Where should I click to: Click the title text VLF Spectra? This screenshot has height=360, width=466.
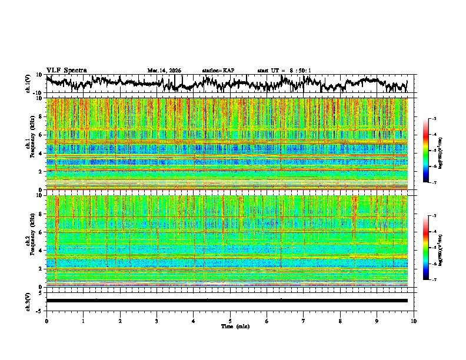[x=66, y=70]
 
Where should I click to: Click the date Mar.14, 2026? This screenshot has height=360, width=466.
[x=164, y=71]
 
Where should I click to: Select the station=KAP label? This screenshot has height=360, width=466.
[x=218, y=71]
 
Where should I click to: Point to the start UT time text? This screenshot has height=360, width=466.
[x=284, y=71]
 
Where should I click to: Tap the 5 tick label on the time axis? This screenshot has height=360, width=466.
[x=230, y=321]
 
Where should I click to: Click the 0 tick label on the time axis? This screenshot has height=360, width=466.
[x=46, y=321]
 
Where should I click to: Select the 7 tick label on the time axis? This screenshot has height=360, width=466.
[x=304, y=321]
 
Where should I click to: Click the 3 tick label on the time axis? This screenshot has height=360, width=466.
[x=157, y=321]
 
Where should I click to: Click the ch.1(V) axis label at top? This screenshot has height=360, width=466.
[x=28, y=84]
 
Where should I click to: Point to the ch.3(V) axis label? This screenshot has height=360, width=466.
[x=28, y=300]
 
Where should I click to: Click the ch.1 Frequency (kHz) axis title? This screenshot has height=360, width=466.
[x=31, y=144]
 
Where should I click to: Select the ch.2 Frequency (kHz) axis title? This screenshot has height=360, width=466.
[x=31, y=241]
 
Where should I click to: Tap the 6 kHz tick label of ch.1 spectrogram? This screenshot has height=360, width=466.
[x=42, y=135]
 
